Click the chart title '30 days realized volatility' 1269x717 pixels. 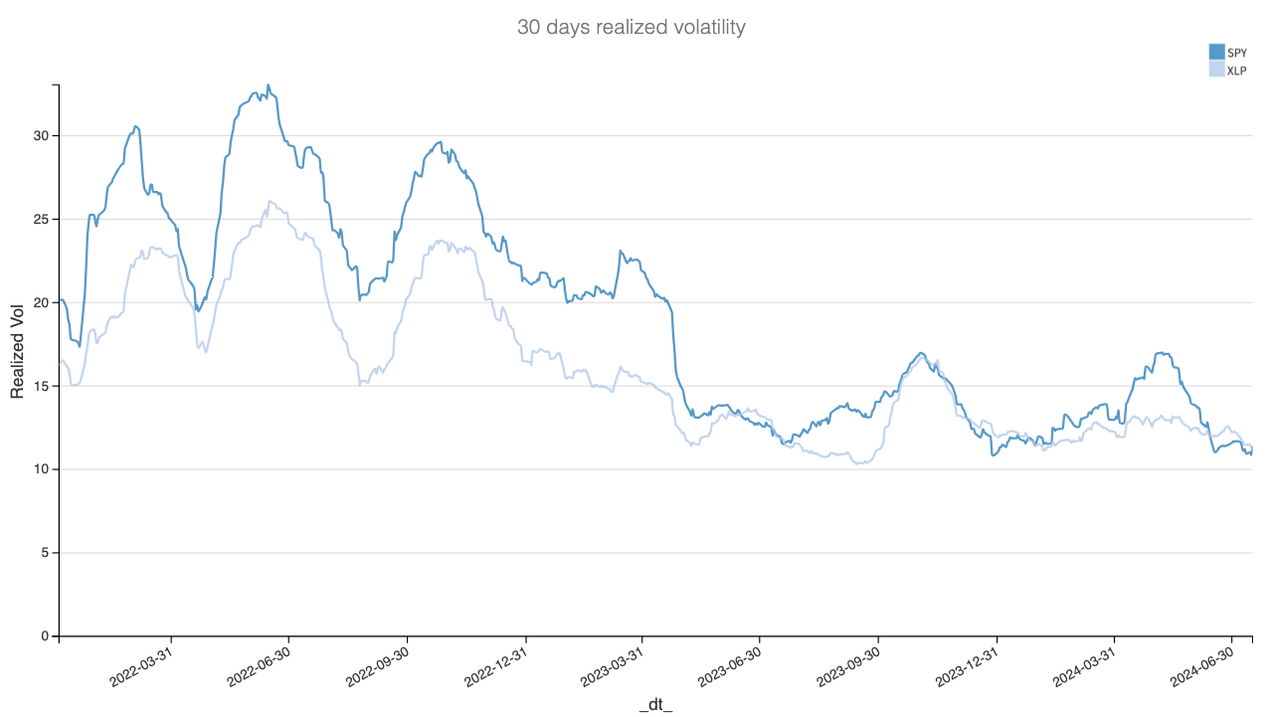pos(631,27)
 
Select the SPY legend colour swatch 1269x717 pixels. pos(1216,52)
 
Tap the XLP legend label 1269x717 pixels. pos(1237,71)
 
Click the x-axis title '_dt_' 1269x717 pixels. pos(655,705)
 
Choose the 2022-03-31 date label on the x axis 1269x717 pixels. pos(140,662)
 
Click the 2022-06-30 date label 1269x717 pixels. pos(258,662)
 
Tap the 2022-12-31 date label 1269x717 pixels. pos(494,662)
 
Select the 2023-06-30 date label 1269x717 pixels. pos(729,662)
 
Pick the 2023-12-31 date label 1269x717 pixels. pos(966,662)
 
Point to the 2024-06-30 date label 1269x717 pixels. pos(1201,662)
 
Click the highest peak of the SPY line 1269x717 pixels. pos(268,85)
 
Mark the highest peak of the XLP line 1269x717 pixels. pos(268,200)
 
